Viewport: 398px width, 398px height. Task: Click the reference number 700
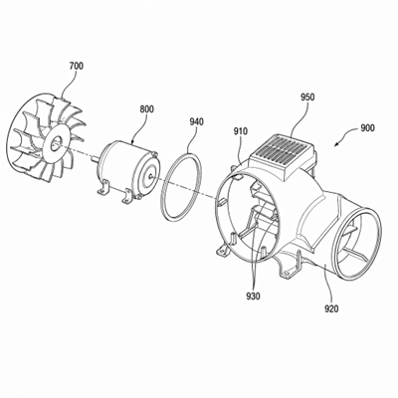pyautogui.click(x=77, y=66)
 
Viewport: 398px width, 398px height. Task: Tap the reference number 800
pyautogui.click(x=146, y=109)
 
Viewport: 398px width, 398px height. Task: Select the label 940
pyautogui.click(x=196, y=121)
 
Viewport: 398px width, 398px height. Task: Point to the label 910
pyautogui.click(x=240, y=131)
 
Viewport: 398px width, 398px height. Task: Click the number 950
pyautogui.click(x=307, y=98)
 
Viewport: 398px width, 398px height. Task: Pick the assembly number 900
pyautogui.click(x=367, y=128)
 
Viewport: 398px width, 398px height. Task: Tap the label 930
pyautogui.click(x=253, y=296)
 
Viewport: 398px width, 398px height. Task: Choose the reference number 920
pyautogui.click(x=331, y=308)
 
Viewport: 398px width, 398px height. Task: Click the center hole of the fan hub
pyautogui.click(x=55, y=143)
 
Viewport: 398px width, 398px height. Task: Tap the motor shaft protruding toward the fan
pyautogui.click(x=95, y=160)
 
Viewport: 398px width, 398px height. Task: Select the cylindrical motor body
pyautogui.click(x=126, y=171)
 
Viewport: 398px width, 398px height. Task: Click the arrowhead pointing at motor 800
pyautogui.click(x=132, y=141)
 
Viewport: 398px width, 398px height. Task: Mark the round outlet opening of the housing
pyautogui.click(x=357, y=242)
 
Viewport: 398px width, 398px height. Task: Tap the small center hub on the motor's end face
pyautogui.click(x=150, y=177)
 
